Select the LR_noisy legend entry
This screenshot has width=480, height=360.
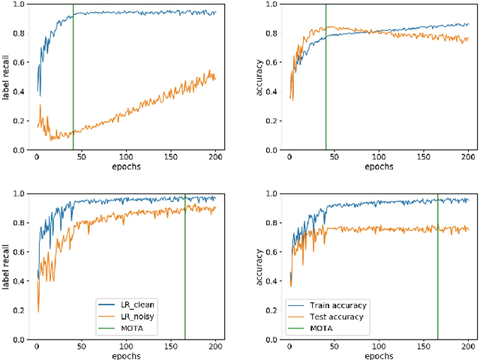click(136, 316)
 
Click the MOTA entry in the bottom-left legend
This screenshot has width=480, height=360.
click(132, 327)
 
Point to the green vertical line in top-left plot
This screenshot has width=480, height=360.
click(73, 75)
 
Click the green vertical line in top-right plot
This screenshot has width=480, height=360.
click(326, 75)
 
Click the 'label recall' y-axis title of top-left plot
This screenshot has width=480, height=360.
click(7, 77)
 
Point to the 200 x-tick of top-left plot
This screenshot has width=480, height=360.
click(215, 158)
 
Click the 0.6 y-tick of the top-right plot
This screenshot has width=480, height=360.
click(273, 62)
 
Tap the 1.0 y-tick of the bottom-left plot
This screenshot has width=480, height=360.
click(20, 193)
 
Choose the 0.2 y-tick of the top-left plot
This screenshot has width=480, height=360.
click(20, 121)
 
